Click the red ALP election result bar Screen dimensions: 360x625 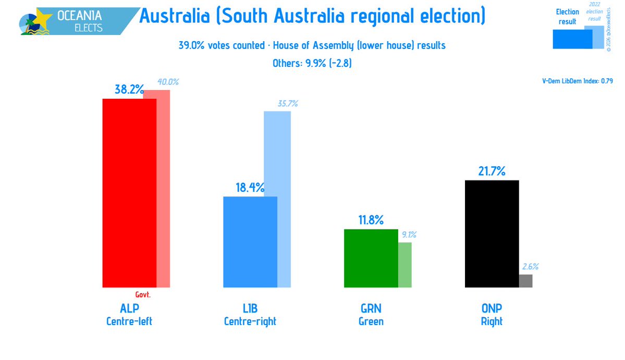[129, 193]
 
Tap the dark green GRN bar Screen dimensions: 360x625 [371, 258]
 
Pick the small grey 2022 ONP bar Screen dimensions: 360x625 [525, 281]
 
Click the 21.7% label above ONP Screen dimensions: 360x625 [491, 171]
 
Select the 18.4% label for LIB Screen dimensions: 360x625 [250, 188]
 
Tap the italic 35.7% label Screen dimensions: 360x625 [288, 104]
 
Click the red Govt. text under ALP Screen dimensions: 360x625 [143, 294]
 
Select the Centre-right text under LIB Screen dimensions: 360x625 [250, 321]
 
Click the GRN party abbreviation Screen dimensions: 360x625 [371, 308]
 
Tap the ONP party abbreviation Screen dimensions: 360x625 [491, 308]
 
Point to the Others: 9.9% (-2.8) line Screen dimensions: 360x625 [313, 64]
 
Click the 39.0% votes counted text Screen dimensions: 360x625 [222, 45]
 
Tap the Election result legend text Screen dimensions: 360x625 [567, 17]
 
